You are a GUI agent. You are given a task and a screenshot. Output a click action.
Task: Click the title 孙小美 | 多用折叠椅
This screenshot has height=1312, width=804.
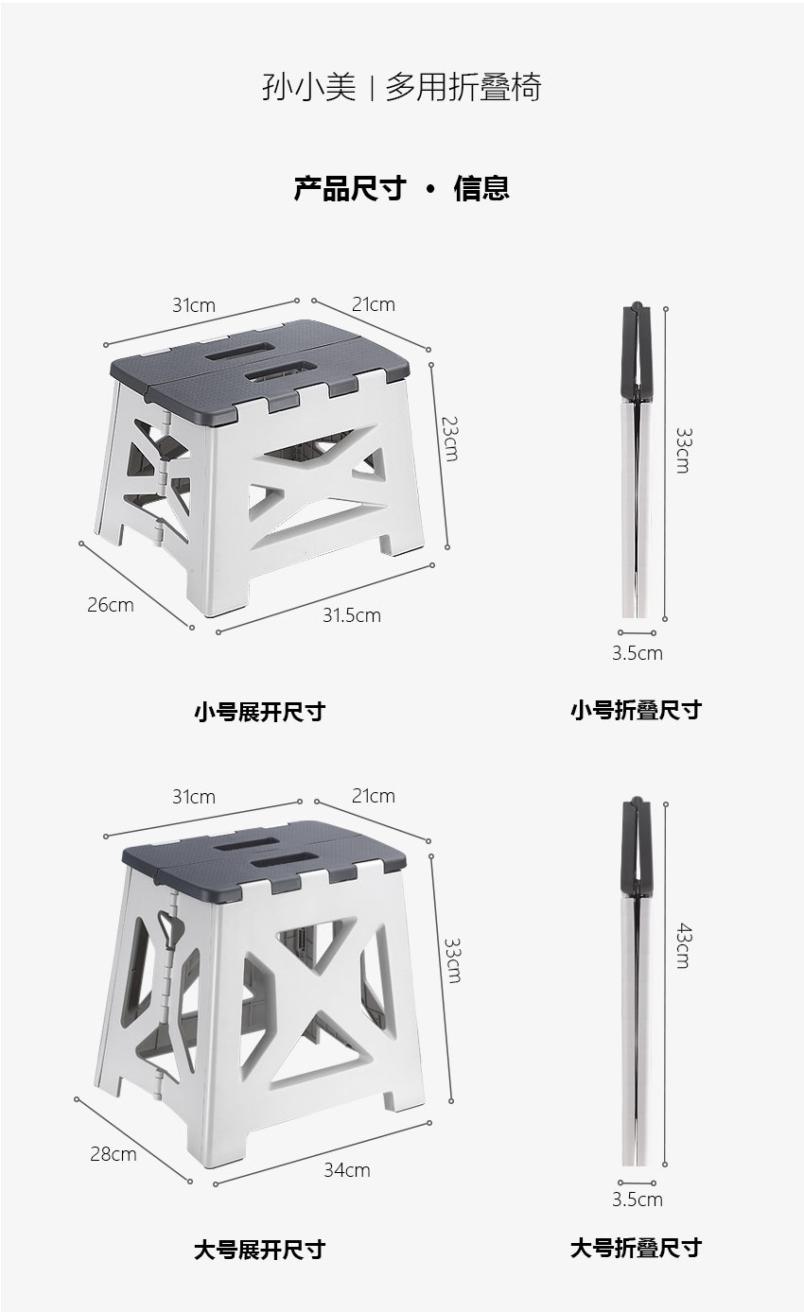401,88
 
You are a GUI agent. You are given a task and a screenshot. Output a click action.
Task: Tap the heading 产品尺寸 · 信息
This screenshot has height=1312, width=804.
401,188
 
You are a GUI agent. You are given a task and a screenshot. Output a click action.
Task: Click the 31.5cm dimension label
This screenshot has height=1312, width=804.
351,615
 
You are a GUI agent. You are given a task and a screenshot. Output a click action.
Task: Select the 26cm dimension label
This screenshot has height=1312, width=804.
110,605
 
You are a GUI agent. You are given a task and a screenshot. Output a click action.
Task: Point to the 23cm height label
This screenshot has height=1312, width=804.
450,440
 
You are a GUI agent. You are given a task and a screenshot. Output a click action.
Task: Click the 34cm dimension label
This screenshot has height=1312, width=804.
346,1170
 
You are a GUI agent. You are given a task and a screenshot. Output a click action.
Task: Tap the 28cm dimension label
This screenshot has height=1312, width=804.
113,1154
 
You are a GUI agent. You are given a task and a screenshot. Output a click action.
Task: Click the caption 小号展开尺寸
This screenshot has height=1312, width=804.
259,712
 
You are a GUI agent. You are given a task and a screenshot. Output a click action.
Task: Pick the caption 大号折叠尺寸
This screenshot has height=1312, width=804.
636,1248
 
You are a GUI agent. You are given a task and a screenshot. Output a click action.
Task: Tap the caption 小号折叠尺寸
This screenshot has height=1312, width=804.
636,710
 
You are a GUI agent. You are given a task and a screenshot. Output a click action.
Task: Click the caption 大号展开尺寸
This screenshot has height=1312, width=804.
259,1250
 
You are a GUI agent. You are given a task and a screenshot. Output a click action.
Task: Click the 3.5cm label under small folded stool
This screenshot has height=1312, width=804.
637,653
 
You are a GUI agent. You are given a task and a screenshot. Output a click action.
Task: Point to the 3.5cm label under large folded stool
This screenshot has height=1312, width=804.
637,1200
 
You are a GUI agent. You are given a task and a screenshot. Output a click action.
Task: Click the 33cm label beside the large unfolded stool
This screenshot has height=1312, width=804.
453,960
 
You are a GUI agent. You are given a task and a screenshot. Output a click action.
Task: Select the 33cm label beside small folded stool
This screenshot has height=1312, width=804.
683,450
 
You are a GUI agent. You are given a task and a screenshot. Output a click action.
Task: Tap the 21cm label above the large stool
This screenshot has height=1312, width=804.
373,796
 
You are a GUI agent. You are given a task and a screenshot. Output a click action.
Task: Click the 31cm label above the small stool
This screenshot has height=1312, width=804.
193,305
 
